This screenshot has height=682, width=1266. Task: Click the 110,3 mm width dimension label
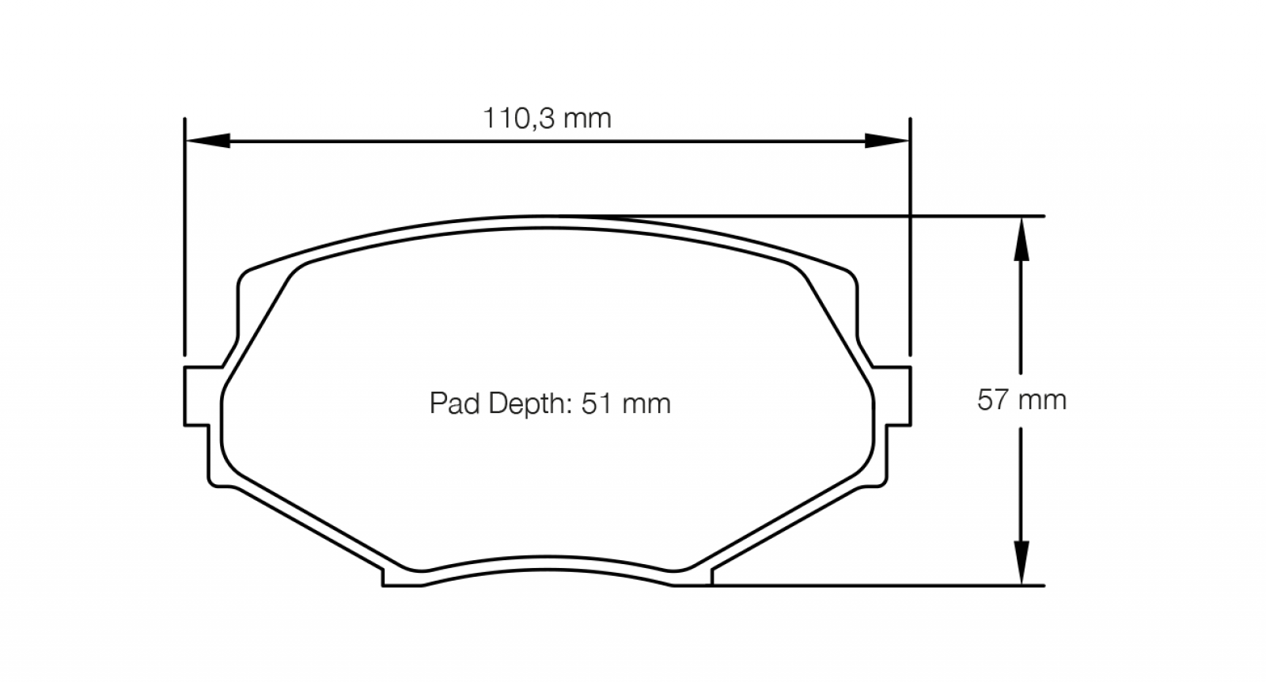pos(547,119)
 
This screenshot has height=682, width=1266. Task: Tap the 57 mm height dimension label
pos(1022,400)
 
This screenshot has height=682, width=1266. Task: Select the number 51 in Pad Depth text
pos(597,404)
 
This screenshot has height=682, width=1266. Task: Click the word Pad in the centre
pos(453,404)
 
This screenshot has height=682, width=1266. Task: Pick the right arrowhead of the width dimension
pos(887,141)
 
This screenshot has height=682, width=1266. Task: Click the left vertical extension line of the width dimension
pos(184,237)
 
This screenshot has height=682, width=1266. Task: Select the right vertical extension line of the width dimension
pos(910,237)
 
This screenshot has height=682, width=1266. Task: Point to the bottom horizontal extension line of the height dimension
pos(870,585)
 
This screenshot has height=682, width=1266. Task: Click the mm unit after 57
pos(1044,400)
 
